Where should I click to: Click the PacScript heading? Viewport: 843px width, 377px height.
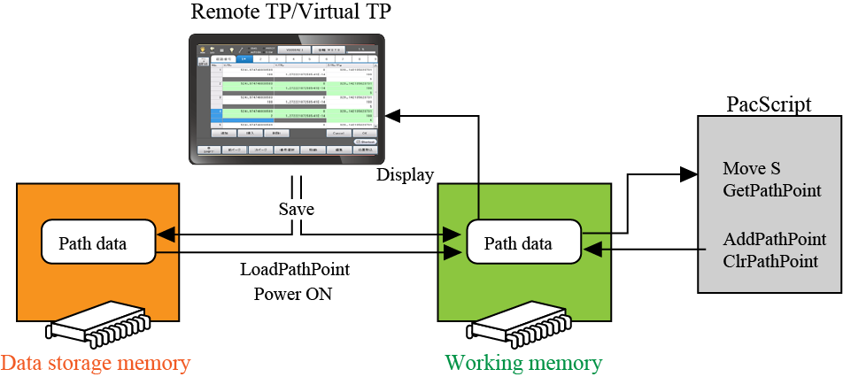pyautogui.click(x=769, y=104)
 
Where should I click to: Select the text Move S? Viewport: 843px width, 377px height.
pyautogui.click(x=752, y=168)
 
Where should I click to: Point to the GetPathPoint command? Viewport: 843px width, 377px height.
pyautogui.click(x=772, y=189)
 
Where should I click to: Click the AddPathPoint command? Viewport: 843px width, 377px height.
pyautogui.click(x=775, y=239)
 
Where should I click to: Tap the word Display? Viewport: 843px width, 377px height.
pyautogui.click(x=406, y=175)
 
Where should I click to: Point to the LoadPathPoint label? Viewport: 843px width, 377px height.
pyautogui.click(x=295, y=269)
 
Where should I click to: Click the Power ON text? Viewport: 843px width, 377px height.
pyautogui.click(x=293, y=293)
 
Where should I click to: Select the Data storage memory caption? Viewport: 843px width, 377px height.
pyautogui.click(x=96, y=363)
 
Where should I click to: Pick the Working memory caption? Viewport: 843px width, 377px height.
pyautogui.click(x=523, y=363)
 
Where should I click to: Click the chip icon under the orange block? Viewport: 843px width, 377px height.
pyautogui.click(x=98, y=329)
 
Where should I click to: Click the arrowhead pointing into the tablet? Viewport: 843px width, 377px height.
pyautogui.click(x=392, y=114)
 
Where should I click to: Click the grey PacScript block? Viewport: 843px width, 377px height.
pyautogui.click(x=769, y=204)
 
